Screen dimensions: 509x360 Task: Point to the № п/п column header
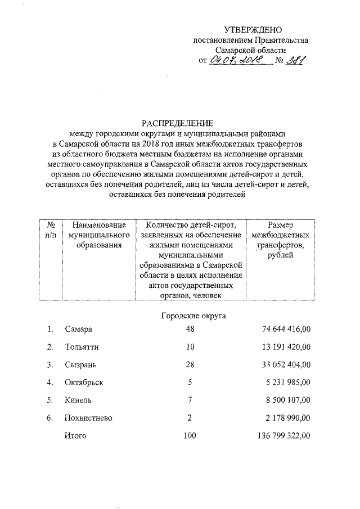tap(51, 230)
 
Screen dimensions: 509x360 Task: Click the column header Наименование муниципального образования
tap(95, 235)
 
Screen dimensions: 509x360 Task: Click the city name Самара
tap(78, 329)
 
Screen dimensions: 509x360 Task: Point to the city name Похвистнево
tap(89, 418)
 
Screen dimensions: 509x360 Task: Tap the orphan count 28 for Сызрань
tap(190, 364)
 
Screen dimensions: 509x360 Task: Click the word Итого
tap(75, 436)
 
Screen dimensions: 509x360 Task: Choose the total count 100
tap(190, 436)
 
